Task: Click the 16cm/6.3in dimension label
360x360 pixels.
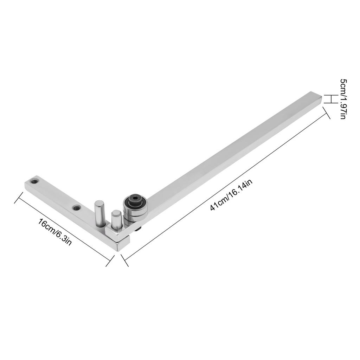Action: [x=55, y=232]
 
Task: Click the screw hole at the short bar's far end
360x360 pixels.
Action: [x=34, y=182]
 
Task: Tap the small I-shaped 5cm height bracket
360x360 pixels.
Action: [x=328, y=99]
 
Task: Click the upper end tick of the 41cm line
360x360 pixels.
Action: [x=326, y=113]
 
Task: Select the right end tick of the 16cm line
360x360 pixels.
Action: [x=110, y=261]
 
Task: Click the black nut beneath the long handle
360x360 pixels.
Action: [x=139, y=229]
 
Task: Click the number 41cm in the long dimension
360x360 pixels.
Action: [x=218, y=204]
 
